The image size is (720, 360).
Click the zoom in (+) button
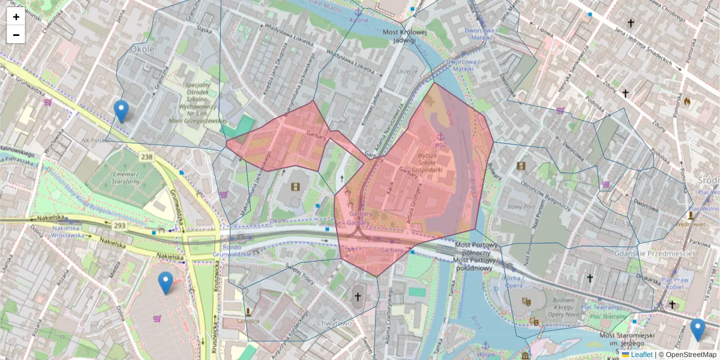pyautogui.click(x=16, y=17)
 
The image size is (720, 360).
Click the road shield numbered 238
pyautogui.click(x=147, y=157)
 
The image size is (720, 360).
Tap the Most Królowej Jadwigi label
pyautogui.click(x=404, y=36)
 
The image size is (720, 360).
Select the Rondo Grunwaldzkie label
pyautogui.click(x=236, y=249)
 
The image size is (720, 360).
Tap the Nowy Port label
pyautogui.click(x=517, y=206)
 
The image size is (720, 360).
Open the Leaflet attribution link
pyautogui.click(x=641, y=355)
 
